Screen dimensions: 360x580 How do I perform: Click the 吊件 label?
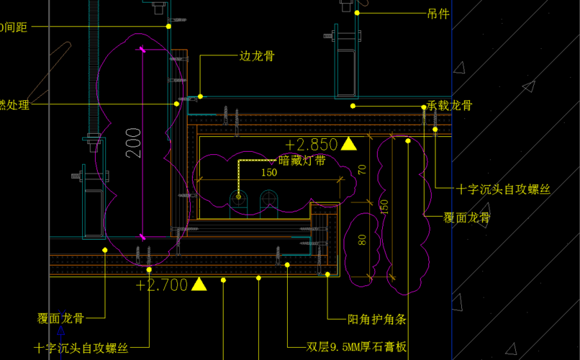pyautogui.click(x=438, y=13)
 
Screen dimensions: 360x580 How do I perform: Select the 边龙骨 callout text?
pyautogui.click(x=256, y=56)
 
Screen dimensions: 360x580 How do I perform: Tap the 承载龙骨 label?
pyautogui.click(x=450, y=106)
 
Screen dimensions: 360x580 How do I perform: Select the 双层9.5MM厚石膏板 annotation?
pyautogui.click(x=357, y=347)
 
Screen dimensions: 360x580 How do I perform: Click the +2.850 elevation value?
pyautogui.click(x=311, y=144)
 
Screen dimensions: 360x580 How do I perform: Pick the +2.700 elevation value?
pyautogui.click(x=161, y=285)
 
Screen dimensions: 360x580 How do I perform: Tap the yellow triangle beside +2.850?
pyautogui.click(x=348, y=143)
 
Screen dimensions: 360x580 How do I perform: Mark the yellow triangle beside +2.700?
pyautogui.click(x=199, y=284)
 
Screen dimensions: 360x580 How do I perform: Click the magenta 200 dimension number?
pyautogui.click(x=133, y=143)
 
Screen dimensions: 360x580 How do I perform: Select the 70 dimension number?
pyautogui.click(x=362, y=170)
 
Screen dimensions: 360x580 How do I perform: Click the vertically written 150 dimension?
pyautogui.click(x=384, y=206)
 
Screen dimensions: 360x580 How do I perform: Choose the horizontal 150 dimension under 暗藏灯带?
pyautogui.click(x=268, y=173)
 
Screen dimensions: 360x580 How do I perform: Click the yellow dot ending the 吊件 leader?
pyautogui.click(x=356, y=12)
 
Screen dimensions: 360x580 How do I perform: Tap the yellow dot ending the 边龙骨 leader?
pyautogui.click(x=201, y=96)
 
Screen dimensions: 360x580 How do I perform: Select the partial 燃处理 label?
pyautogui.click(x=14, y=105)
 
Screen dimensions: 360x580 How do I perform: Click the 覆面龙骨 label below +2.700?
pyautogui.click(x=61, y=318)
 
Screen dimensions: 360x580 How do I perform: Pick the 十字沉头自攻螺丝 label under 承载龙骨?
pyautogui.click(x=503, y=189)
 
